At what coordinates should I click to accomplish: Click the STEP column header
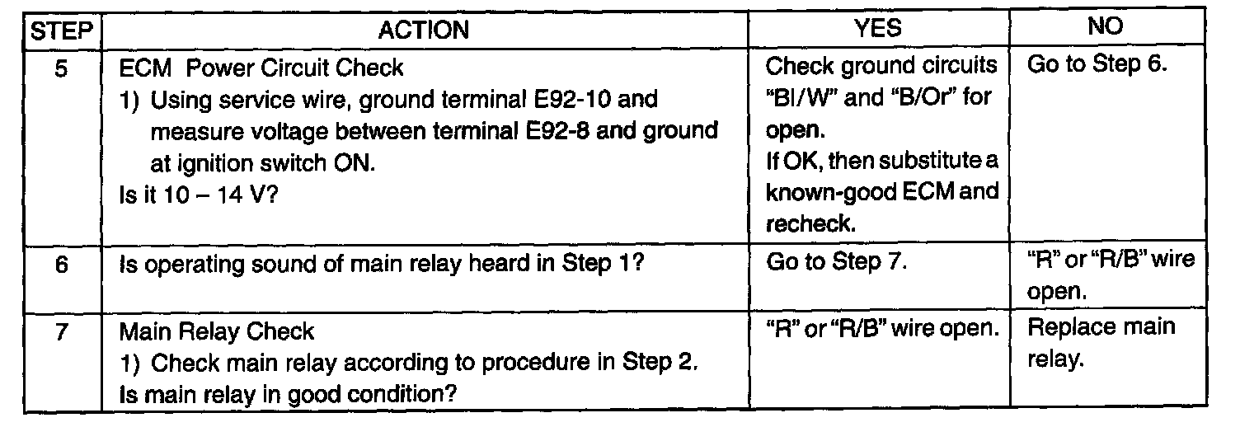coord(63,30)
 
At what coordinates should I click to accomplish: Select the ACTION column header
coord(423,30)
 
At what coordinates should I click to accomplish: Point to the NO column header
coord(1105,28)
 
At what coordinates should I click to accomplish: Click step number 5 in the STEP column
coord(62,69)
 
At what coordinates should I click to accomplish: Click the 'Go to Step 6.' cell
coord(1097,66)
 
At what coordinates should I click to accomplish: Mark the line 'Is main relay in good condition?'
coord(289,392)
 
